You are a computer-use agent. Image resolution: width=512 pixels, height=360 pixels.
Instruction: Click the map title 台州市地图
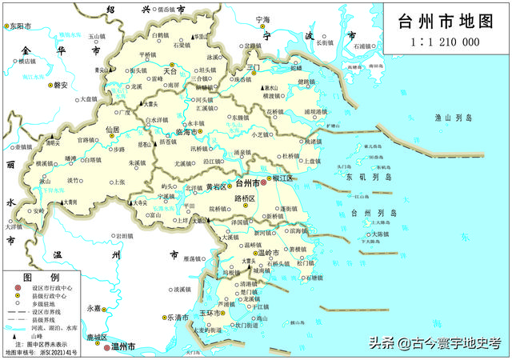tap(446, 21)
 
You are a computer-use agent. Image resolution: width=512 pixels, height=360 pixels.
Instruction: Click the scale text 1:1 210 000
tap(445, 42)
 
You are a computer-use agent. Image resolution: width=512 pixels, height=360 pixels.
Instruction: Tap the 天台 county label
tap(169, 71)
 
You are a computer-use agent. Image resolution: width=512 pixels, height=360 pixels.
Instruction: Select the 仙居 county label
tap(112, 129)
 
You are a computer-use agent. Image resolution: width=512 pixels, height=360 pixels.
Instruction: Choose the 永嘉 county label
tap(94, 307)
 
